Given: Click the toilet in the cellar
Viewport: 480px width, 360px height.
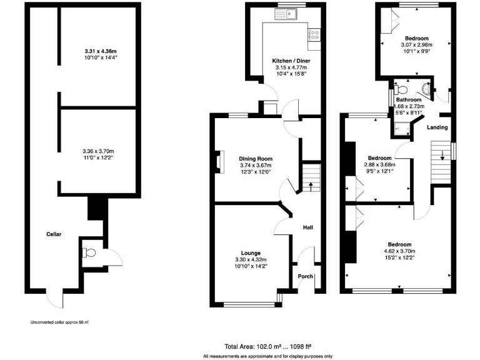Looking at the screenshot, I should (x=89, y=253).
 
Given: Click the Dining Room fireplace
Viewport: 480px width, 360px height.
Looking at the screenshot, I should (x=219, y=161).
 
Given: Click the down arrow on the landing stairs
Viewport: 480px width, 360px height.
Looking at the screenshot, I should (x=443, y=156).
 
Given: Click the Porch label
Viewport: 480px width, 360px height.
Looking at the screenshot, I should (x=305, y=276).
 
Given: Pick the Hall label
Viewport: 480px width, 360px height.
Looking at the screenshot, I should (x=307, y=227).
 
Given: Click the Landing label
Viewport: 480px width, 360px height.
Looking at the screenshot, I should (x=437, y=127).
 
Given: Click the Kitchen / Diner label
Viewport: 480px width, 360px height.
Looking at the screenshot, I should (x=291, y=61).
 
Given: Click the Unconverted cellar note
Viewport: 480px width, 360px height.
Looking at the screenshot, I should (x=59, y=322).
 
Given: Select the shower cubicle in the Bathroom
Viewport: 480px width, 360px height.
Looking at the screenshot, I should (x=399, y=128).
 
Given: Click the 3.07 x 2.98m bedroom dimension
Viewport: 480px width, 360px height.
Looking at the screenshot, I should (x=416, y=45).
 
